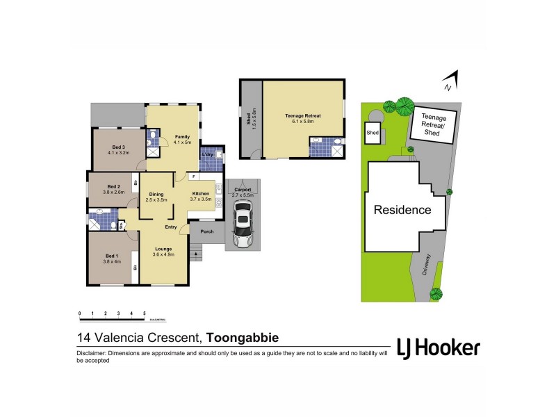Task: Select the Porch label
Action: tap(206, 231)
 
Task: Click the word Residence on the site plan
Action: tap(403, 209)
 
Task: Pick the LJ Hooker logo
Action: tap(437, 347)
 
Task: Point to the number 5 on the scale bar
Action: tap(144, 313)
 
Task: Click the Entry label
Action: tap(171, 227)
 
